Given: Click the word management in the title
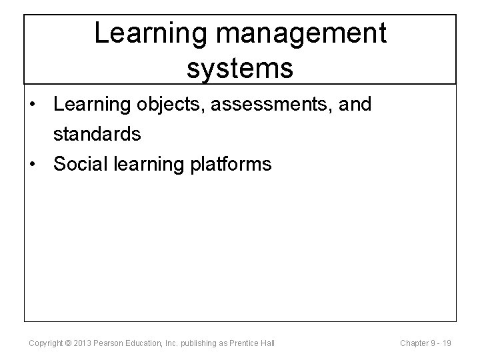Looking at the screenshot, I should [291, 34].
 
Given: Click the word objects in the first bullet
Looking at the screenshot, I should [167, 105].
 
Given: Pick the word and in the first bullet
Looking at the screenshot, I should [354, 105].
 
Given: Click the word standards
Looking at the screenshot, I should [97, 134].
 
